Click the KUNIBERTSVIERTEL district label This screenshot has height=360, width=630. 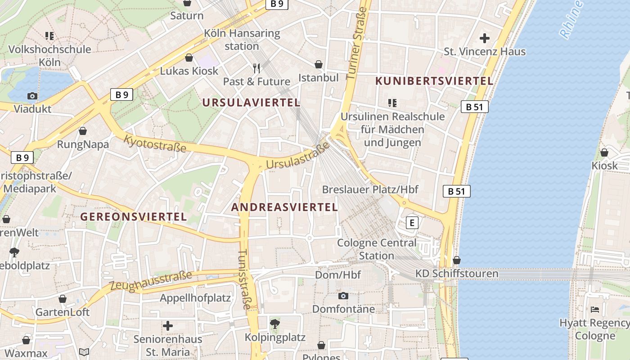point(434,81)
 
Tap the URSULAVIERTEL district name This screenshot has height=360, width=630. point(251,103)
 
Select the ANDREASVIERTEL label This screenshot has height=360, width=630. point(284,207)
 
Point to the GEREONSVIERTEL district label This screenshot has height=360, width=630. point(133,216)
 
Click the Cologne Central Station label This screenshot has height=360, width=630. point(377,249)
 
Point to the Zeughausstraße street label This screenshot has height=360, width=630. point(151,279)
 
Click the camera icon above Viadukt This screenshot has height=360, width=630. point(32,96)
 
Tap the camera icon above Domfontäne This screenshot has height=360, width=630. point(343,296)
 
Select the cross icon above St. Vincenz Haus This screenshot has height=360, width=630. point(485,38)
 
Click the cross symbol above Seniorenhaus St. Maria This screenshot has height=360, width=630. point(168,325)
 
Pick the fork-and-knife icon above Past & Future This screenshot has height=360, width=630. point(256,68)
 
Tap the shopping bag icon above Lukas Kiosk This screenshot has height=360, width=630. point(189,58)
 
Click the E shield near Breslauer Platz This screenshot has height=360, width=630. point(411,222)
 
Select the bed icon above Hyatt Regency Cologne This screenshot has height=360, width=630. point(594,310)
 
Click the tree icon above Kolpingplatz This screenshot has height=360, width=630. point(274,324)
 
